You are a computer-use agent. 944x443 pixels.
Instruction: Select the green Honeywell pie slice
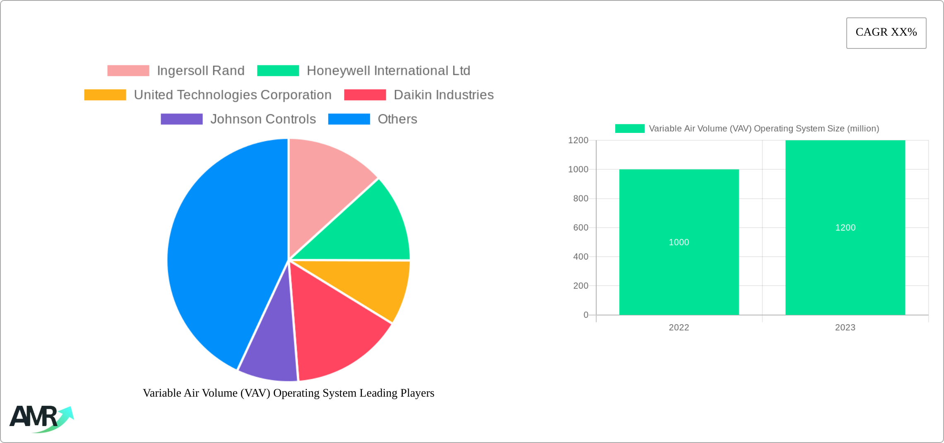click(x=364, y=228)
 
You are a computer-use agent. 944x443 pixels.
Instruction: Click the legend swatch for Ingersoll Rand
click(x=128, y=71)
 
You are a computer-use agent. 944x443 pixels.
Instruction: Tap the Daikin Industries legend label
click(x=443, y=95)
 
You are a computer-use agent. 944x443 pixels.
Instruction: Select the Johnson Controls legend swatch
click(x=181, y=119)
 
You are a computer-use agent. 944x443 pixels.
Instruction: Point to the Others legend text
click(x=397, y=119)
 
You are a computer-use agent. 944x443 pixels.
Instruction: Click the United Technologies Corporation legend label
click(x=233, y=95)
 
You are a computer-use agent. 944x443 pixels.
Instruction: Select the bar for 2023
click(x=845, y=269)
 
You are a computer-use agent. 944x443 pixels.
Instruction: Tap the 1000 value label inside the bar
click(x=679, y=242)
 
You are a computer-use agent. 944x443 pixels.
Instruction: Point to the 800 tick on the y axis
click(x=580, y=198)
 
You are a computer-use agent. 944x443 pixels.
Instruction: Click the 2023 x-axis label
click(x=845, y=327)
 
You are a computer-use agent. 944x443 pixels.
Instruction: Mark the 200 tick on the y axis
click(x=580, y=286)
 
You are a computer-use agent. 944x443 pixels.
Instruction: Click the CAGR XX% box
click(x=886, y=33)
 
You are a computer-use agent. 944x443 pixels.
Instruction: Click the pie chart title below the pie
click(x=289, y=393)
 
